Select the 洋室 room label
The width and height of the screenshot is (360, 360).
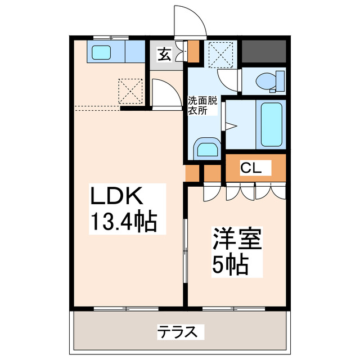click(237, 240)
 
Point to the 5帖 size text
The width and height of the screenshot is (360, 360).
click(230, 265)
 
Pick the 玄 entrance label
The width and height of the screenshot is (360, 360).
click(164, 55)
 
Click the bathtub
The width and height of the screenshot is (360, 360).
click(271, 123)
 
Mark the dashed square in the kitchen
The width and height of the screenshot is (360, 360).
click(129, 90)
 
